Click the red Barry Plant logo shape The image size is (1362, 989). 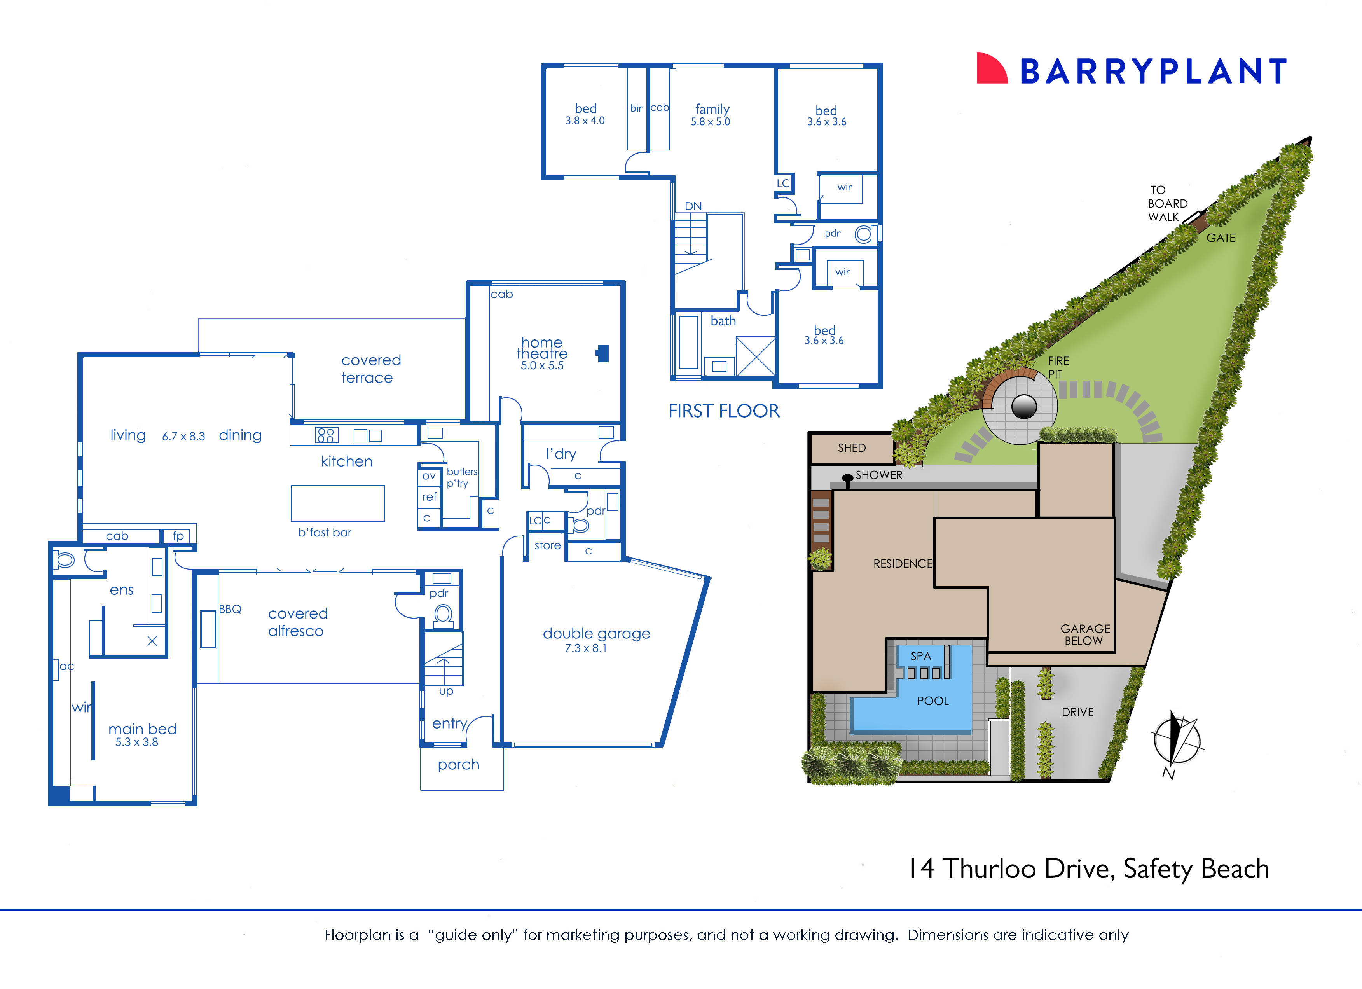[990, 69]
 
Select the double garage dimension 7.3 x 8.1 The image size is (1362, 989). [585, 648]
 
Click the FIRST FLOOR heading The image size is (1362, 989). [724, 411]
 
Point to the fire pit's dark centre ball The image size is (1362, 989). [1024, 407]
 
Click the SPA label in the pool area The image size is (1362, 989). [920, 656]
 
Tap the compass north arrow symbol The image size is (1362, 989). [1176, 742]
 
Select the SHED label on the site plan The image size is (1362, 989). [852, 448]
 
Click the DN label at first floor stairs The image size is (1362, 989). [693, 206]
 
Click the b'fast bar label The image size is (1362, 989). [324, 533]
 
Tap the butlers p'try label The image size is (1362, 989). [461, 477]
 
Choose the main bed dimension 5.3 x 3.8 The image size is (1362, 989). [136, 742]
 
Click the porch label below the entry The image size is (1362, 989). [458, 764]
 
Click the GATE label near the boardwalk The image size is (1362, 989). [1220, 238]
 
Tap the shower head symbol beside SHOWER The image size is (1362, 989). [847, 479]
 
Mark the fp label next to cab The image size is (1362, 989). [178, 536]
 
